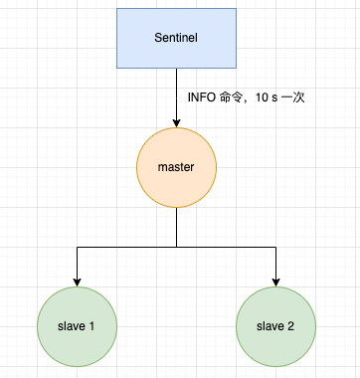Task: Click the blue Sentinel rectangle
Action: pos(176,39)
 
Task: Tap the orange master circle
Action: pos(176,166)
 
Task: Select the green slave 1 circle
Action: pos(77,325)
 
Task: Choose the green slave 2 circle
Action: pos(275,325)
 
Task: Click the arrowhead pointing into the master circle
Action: pos(176,121)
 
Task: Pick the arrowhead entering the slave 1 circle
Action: pos(77,280)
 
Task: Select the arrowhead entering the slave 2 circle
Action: pos(275,280)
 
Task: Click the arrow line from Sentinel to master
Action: pos(176,94)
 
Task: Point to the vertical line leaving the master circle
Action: pos(176,227)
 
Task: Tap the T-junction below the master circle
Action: pos(176,246)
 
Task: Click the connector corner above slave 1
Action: pos(77,246)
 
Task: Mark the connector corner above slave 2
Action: pos(275,246)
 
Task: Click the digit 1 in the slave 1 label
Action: pos(94,326)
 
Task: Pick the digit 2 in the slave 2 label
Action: pos(293,326)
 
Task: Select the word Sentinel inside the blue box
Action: pos(176,39)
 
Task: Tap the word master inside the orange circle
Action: pos(176,166)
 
